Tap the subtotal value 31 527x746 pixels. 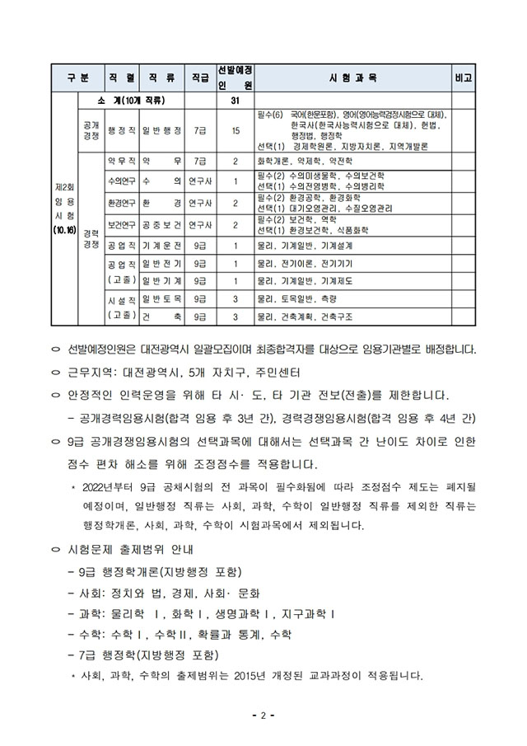(236, 101)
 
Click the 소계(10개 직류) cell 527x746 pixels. (133, 101)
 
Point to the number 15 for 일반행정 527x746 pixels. (236, 130)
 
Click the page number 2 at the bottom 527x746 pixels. (263, 715)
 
